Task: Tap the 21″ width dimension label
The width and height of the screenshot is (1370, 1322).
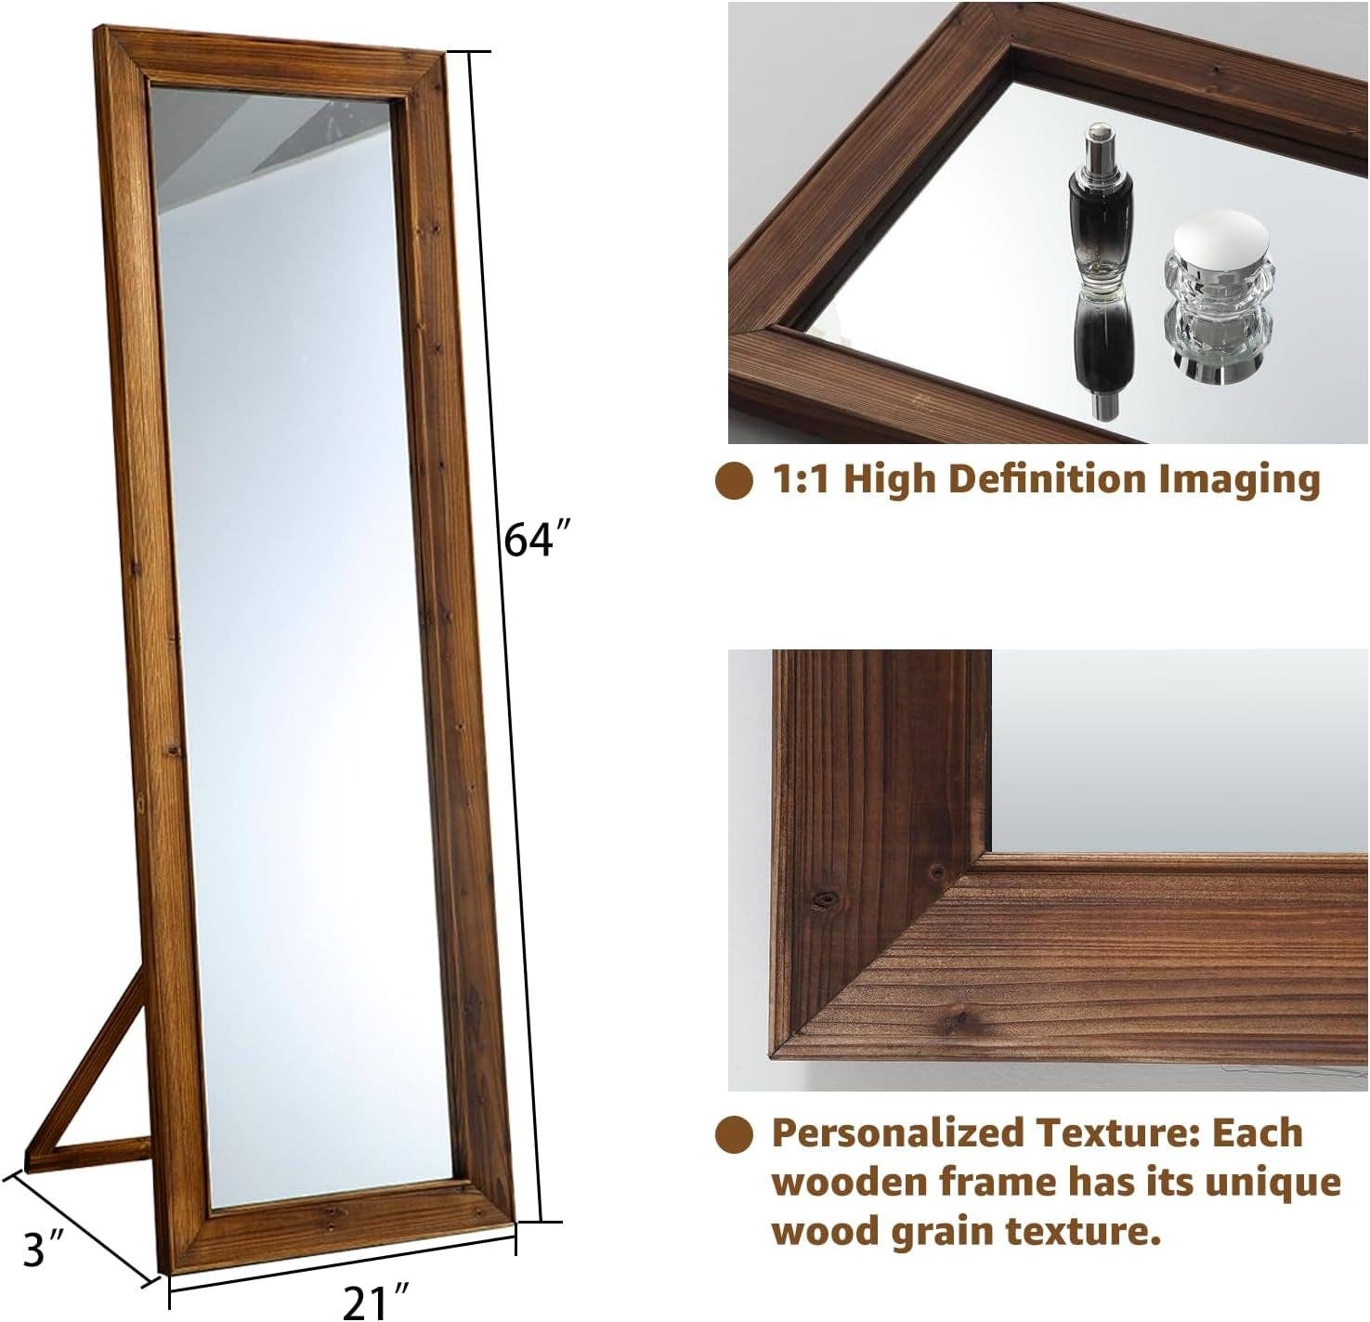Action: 377,1301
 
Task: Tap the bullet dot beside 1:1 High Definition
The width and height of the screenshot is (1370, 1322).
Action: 735,480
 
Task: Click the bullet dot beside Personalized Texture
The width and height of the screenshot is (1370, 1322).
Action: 735,1134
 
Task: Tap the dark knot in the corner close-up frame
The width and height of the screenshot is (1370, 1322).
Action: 822,899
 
